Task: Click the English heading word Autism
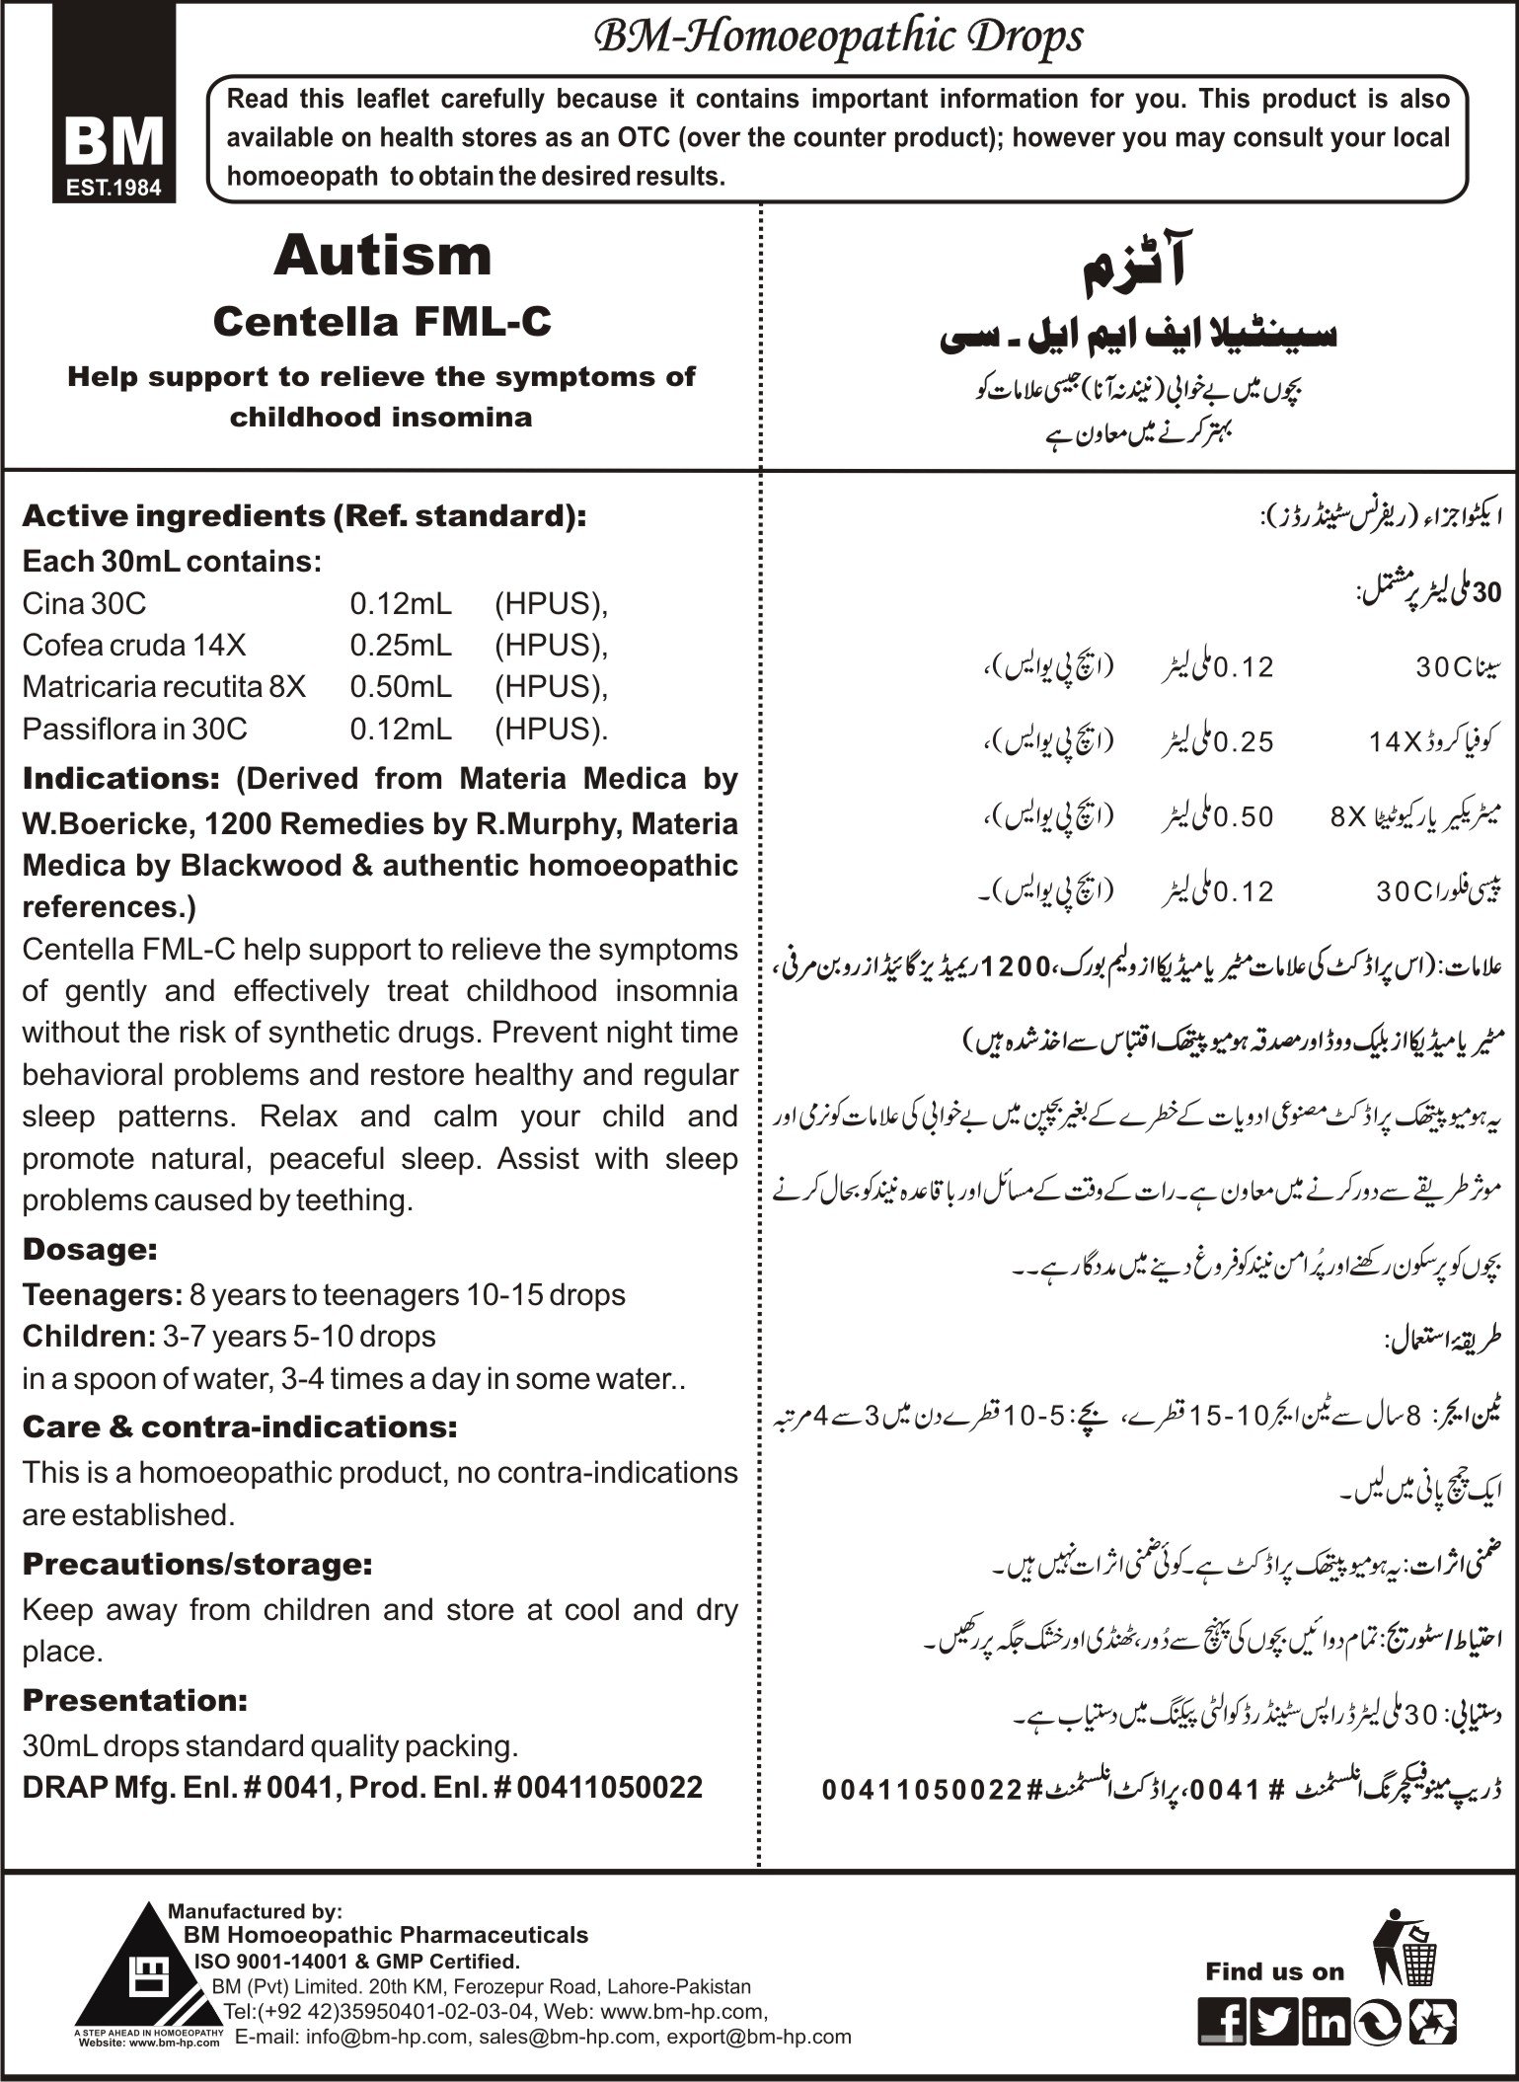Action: [x=383, y=256]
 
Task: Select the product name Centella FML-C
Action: [x=382, y=322]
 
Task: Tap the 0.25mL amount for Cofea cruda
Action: [x=401, y=645]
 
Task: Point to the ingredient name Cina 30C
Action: [x=84, y=603]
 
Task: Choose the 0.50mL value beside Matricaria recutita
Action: [x=401, y=687]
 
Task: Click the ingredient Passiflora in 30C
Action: [x=134, y=730]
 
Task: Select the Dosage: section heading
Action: [x=90, y=1250]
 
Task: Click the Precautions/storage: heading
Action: [x=197, y=1565]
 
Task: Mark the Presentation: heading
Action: [x=134, y=1701]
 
